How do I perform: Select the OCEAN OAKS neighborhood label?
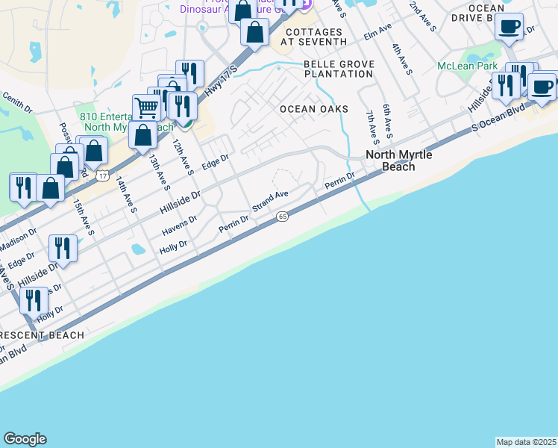[x=314, y=109]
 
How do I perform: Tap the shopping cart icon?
[x=146, y=108]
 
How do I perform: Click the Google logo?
[x=25, y=439]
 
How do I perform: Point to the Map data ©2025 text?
[x=526, y=442]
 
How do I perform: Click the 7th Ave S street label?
[x=371, y=127]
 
